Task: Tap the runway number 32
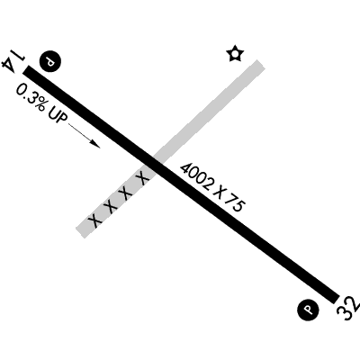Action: pos(348,309)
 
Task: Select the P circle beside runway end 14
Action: pos(50,62)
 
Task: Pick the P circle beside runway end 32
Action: pos(308,309)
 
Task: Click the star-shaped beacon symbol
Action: pos(235,54)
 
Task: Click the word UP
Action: pos(57,118)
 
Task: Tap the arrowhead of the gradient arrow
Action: pos(95,144)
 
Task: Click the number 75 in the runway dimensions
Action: pos(235,203)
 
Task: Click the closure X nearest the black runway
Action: pos(143,177)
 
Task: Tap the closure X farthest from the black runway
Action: pos(95,220)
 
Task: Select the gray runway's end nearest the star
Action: pos(260,64)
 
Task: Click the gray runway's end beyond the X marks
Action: pos(80,233)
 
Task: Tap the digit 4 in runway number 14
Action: pos(9,66)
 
